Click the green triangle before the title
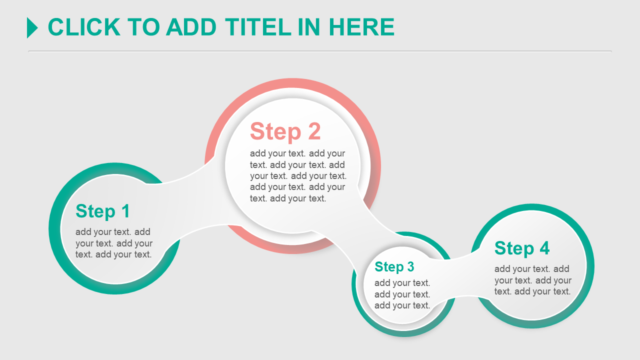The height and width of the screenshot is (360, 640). click(32, 27)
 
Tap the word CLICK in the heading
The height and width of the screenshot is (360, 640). click(84, 27)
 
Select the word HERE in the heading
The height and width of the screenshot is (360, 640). click(361, 27)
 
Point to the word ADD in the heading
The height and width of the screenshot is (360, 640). click(191, 27)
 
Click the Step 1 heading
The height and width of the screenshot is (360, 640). click(102, 211)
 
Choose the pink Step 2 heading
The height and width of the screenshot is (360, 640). click(285, 131)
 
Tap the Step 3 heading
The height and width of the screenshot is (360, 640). click(394, 267)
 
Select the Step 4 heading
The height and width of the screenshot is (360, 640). click(522, 248)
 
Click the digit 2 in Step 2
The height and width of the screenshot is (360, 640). click(314, 131)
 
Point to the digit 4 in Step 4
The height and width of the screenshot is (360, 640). click(544, 247)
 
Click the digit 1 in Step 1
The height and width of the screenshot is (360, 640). click(125, 211)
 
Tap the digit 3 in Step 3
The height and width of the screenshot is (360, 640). click(410, 266)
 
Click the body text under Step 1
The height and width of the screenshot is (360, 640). click(113, 243)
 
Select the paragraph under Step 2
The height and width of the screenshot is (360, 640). click(298, 175)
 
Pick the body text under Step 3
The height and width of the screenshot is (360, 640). click(402, 294)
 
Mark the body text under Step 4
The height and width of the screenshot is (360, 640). click(533, 280)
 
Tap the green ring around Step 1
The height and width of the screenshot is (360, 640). click(54, 228)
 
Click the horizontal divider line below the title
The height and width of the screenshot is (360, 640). click(319, 51)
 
